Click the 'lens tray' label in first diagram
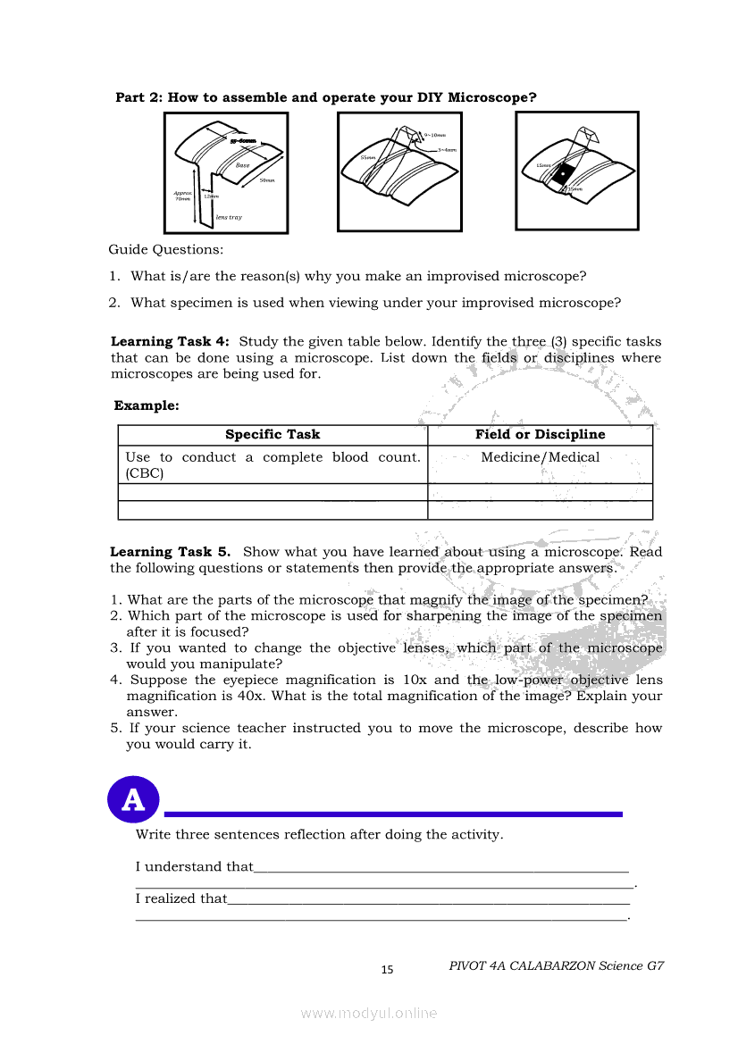pyautogui.click(x=229, y=217)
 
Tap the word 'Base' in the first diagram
pyautogui.click(x=242, y=165)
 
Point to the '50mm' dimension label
pyautogui.click(x=266, y=181)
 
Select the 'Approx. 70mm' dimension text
pyautogui.click(x=182, y=196)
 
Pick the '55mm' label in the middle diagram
pyautogui.click(x=366, y=157)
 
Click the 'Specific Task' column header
pyautogui.click(x=273, y=435)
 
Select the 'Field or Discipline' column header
pyautogui.click(x=540, y=435)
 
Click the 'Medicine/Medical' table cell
pyautogui.click(x=540, y=457)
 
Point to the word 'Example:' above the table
pyautogui.click(x=147, y=405)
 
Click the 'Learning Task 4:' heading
pyautogui.click(x=170, y=342)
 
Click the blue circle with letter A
pyautogui.click(x=133, y=799)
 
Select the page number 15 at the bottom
pyautogui.click(x=387, y=970)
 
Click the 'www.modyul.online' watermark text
pyautogui.click(x=369, y=1013)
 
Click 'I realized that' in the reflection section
pyautogui.click(x=181, y=898)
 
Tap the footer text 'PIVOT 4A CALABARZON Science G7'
pyautogui.click(x=557, y=965)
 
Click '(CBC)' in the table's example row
pyautogui.click(x=145, y=473)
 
